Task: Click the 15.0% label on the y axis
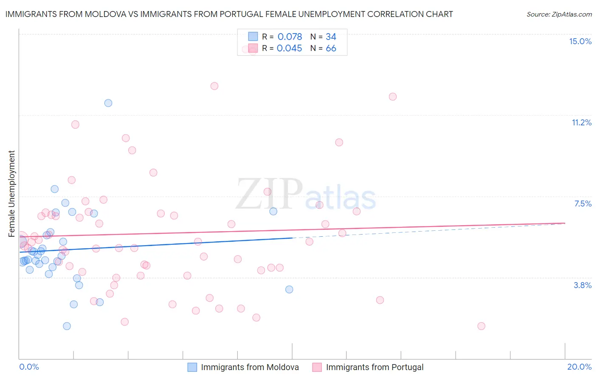(x=580, y=41)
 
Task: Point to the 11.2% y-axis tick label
(x=581, y=122)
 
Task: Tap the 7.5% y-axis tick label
(x=583, y=204)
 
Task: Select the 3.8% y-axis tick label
(x=583, y=285)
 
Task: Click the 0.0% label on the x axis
(x=29, y=367)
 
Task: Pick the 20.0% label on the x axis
(x=579, y=367)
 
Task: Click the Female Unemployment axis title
(x=11, y=193)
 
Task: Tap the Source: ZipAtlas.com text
(x=559, y=14)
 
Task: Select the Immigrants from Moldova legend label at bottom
(x=250, y=367)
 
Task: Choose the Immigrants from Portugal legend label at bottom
(x=375, y=367)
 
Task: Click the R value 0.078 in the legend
(x=290, y=37)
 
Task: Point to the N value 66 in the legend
(x=331, y=48)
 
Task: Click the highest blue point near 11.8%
(x=108, y=103)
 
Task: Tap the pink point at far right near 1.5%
(x=481, y=326)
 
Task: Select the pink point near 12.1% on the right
(x=393, y=96)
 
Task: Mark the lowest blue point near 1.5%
(x=67, y=326)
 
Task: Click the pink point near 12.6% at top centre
(x=214, y=86)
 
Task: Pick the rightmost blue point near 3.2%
(x=289, y=289)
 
